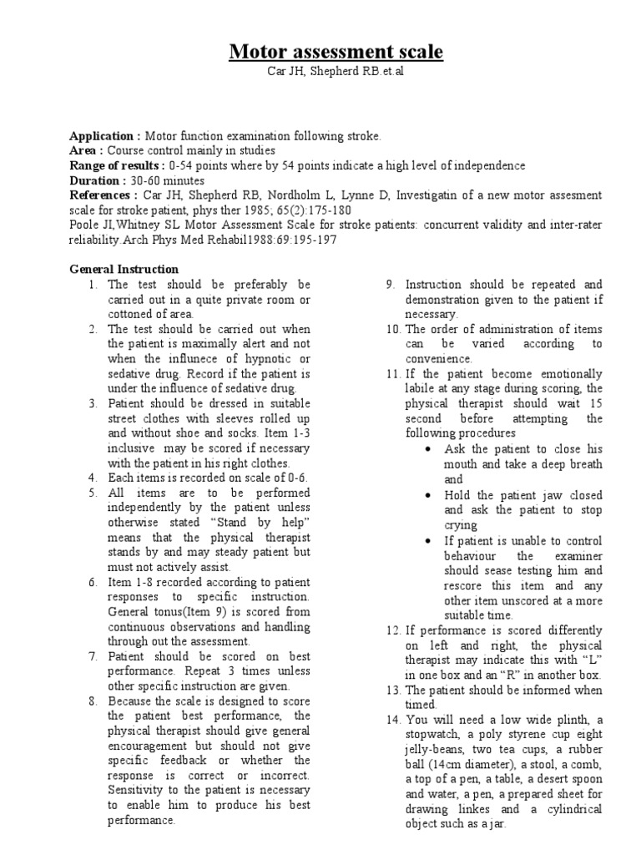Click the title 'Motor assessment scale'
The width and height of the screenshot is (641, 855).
pyautogui.click(x=336, y=53)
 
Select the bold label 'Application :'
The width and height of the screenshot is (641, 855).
pyautogui.click(x=105, y=135)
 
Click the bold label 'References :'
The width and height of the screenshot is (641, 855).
pyautogui.click(x=103, y=195)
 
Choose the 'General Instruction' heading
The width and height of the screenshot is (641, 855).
pyautogui.click(x=124, y=270)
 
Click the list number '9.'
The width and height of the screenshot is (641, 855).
pyautogui.click(x=390, y=285)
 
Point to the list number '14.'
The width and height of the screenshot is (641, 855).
pyautogui.click(x=393, y=706)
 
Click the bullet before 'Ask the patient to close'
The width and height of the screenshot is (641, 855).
pyautogui.click(x=427, y=449)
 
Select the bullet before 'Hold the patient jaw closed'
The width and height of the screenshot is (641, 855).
pyautogui.click(x=427, y=494)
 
